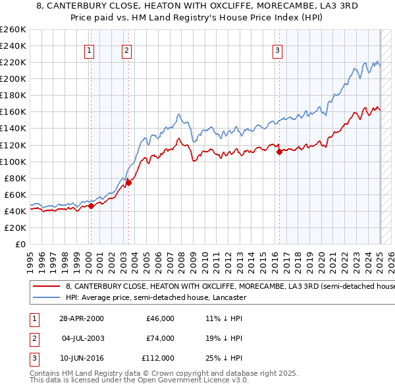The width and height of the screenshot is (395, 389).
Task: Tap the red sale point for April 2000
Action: pyautogui.click(x=91, y=206)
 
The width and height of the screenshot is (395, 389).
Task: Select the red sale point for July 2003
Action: pyautogui.click(x=129, y=183)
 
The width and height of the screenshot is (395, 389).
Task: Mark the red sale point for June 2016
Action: pyautogui.click(x=279, y=152)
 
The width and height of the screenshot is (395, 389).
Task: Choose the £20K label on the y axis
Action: pyautogui.click(x=15, y=227)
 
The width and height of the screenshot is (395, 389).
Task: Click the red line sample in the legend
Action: pyautogui.click(x=45, y=287)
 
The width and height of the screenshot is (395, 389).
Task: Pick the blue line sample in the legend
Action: pyautogui.click(x=45, y=297)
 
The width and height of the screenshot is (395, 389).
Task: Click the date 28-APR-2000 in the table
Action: pyautogui.click(x=81, y=318)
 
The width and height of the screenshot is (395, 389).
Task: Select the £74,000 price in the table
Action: pyautogui.click(x=160, y=338)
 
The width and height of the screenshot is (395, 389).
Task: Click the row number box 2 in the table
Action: pyautogui.click(x=32, y=338)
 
